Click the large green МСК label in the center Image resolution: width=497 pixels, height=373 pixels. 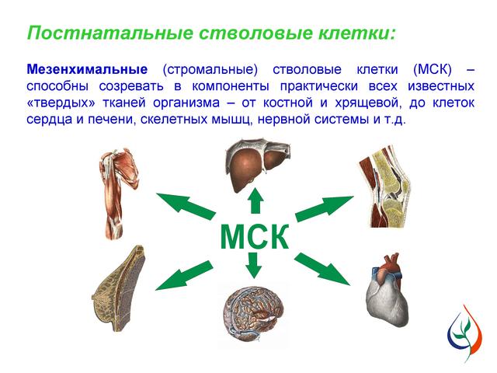coord(255,236)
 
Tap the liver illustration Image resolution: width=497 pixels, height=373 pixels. coord(257,165)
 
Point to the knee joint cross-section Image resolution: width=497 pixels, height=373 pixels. coord(384,186)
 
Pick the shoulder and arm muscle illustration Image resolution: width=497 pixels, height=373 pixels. coord(118,193)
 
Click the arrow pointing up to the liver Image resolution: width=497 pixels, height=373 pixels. coord(255,200)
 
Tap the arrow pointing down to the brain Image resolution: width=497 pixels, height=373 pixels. coord(254,266)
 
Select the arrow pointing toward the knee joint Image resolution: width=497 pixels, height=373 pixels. coord(325,208)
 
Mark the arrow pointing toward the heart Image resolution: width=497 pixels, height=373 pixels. coord(322,269)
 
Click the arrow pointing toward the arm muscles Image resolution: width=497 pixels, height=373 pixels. coord(186,205)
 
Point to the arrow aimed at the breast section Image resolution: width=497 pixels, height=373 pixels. coord(184,275)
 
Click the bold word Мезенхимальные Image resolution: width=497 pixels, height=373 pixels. coord(87,69)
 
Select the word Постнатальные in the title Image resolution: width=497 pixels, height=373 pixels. coord(110,33)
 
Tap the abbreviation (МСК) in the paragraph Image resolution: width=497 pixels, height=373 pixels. coord(433,69)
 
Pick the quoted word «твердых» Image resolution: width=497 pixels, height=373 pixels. coord(61,103)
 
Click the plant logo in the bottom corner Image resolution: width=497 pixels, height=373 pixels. coord(465,333)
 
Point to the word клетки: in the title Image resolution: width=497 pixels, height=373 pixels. coord(357,33)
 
